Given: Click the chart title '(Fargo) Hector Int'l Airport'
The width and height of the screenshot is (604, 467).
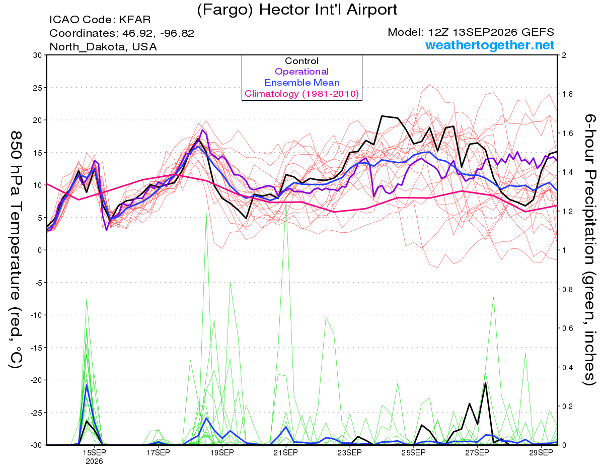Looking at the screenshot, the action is pyautogui.click(x=297, y=10).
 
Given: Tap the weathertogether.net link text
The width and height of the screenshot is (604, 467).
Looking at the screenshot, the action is pyautogui.click(x=489, y=45).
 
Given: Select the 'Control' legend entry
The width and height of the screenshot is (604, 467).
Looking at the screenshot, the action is pyautogui.click(x=301, y=61).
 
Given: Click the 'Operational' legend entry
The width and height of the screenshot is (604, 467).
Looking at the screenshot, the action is pyautogui.click(x=301, y=72).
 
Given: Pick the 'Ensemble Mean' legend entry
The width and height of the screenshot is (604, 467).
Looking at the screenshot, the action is pyautogui.click(x=302, y=83).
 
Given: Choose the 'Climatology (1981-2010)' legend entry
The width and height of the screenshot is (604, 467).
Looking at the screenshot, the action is pyautogui.click(x=301, y=94).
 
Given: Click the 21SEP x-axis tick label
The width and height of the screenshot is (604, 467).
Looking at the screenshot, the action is pyautogui.click(x=285, y=452).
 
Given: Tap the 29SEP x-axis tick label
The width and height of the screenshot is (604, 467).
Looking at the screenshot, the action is pyautogui.click(x=541, y=452).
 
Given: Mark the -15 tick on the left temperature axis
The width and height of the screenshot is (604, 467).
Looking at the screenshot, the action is pyautogui.click(x=36, y=348).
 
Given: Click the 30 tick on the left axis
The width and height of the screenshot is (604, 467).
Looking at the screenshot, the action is pyautogui.click(x=38, y=55).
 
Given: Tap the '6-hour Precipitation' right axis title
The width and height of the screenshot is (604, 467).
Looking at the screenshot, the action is pyautogui.click(x=590, y=194).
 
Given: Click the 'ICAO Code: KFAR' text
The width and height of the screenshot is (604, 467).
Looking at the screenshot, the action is pyautogui.click(x=100, y=20).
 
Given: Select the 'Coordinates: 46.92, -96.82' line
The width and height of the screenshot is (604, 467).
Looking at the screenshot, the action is pyautogui.click(x=122, y=33).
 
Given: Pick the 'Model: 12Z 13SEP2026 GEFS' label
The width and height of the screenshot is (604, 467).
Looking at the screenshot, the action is pyautogui.click(x=471, y=32).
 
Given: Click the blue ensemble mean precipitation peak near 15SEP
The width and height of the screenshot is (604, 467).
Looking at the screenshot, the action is pyautogui.click(x=87, y=385).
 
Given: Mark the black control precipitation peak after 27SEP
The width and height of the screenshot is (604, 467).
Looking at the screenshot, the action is pyautogui.click(x=485, y=383).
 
